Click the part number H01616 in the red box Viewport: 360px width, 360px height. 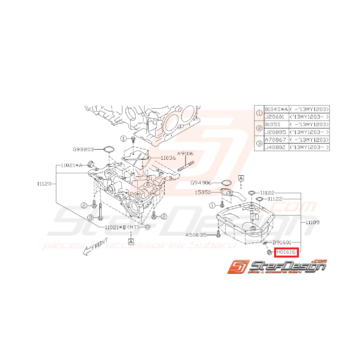tap(286, 253)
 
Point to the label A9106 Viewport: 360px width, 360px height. tap(186, 154)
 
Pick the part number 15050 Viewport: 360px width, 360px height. tap(203, 192)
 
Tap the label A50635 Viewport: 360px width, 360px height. tap(196, 234)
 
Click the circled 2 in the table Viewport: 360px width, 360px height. tap(259, 128)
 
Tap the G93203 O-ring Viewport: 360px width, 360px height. tap(109, 149)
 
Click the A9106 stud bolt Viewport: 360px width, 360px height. tap(186, 168)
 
